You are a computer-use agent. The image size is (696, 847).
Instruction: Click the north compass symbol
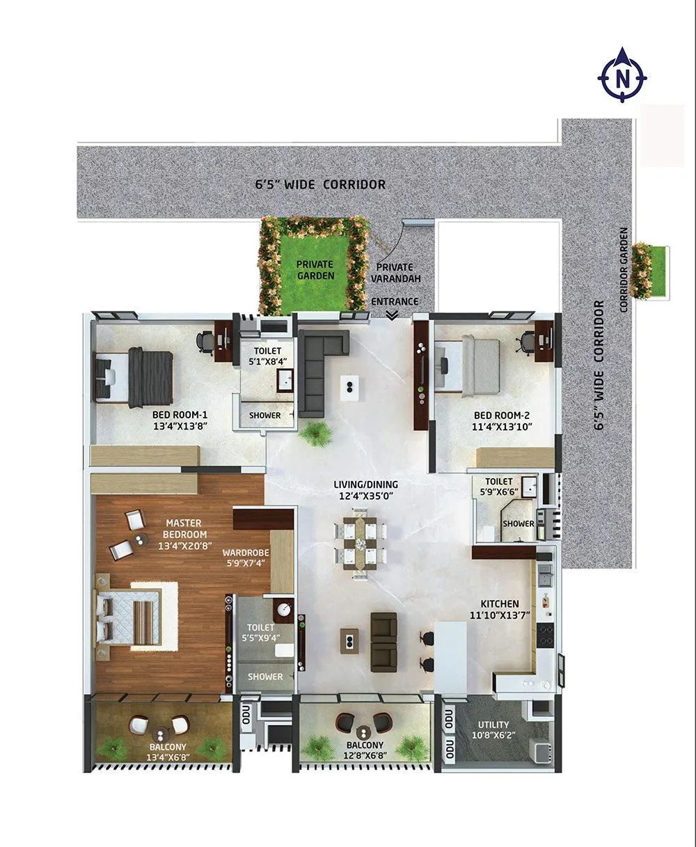tap(622, 76)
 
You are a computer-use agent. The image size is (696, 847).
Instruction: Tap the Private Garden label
tap(315, 269)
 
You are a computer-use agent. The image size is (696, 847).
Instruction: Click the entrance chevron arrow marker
tap(393, 315)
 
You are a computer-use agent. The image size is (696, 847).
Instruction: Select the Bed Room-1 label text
tap(180, 414)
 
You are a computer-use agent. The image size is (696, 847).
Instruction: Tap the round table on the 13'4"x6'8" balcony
tap(161, 734)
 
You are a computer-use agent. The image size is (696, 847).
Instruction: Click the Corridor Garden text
tap(624, 270)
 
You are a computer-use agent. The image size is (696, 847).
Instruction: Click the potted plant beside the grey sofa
tap(317, 434)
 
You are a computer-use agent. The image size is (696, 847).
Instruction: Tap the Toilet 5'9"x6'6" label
tap(499, 486)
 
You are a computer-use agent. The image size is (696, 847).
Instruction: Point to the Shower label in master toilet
tap(266, 676)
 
